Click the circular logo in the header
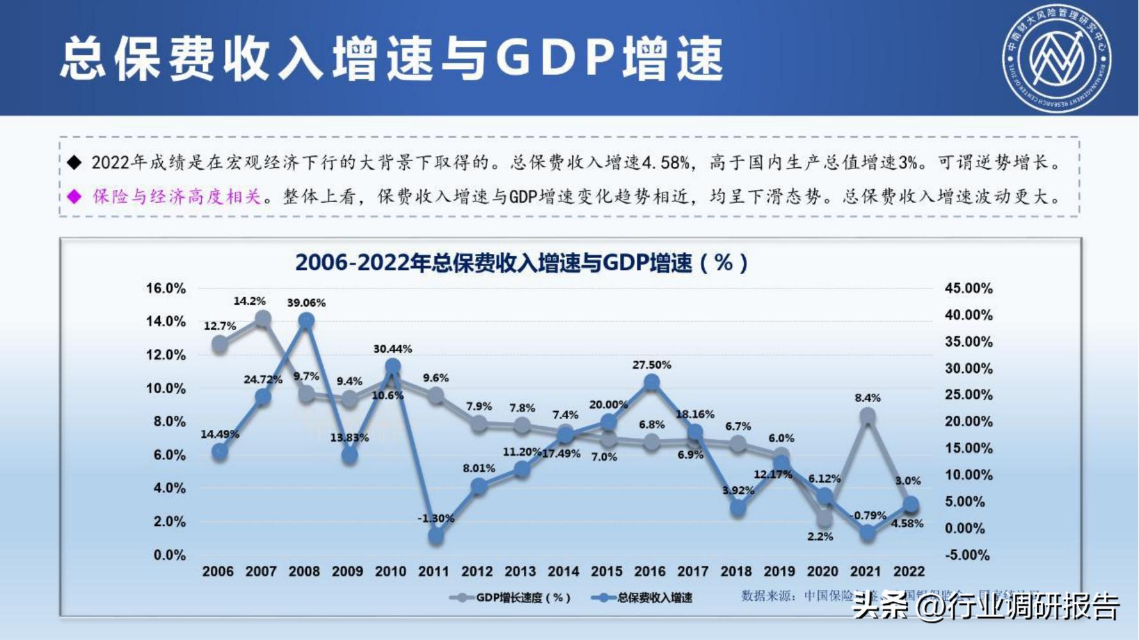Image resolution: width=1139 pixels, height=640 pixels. [1056, 58]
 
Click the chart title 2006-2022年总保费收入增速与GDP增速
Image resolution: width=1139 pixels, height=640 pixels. [521, 263]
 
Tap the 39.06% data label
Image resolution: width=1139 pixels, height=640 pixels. [306, 303]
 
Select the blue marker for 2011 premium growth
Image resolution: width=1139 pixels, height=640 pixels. [436, 536]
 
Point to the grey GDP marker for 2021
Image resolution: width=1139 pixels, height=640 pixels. [867, 417]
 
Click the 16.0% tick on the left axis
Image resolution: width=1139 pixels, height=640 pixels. [166, 289]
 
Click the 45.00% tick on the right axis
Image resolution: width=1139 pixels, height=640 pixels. [968, 289]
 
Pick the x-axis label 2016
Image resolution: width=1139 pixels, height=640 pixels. [650, 572]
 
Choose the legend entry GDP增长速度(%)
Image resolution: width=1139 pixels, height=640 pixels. [512, 598]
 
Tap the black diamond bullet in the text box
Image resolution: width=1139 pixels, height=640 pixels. [75, 163]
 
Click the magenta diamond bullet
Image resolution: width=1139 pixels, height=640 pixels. [75, 196]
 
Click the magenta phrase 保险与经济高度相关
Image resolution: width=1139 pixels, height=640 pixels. [177, 196]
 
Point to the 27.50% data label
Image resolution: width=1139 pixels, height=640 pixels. [651, 365]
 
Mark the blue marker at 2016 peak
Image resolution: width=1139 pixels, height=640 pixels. [651, 383]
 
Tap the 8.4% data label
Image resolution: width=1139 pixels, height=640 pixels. [867, 398]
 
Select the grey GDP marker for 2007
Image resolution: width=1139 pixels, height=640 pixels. [263, 319]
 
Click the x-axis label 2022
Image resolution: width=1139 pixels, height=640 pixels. [908, 572]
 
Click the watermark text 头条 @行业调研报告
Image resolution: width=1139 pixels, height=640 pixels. [987, 606]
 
